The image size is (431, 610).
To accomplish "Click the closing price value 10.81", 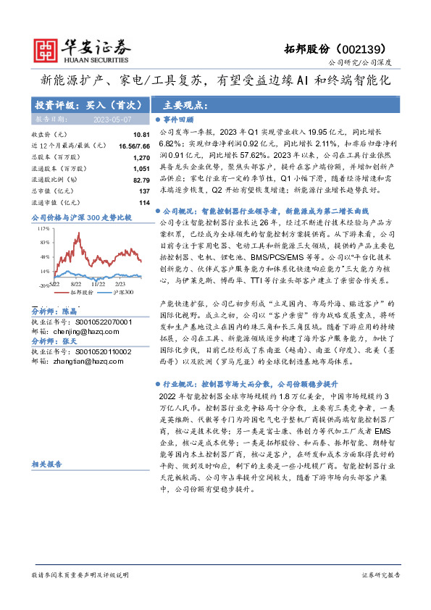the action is pos(141,135).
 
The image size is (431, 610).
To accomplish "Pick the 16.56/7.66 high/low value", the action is pos(135,146).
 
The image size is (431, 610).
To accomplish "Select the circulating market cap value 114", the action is pos(144,202).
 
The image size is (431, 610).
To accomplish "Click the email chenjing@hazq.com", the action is pos(81,331).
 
